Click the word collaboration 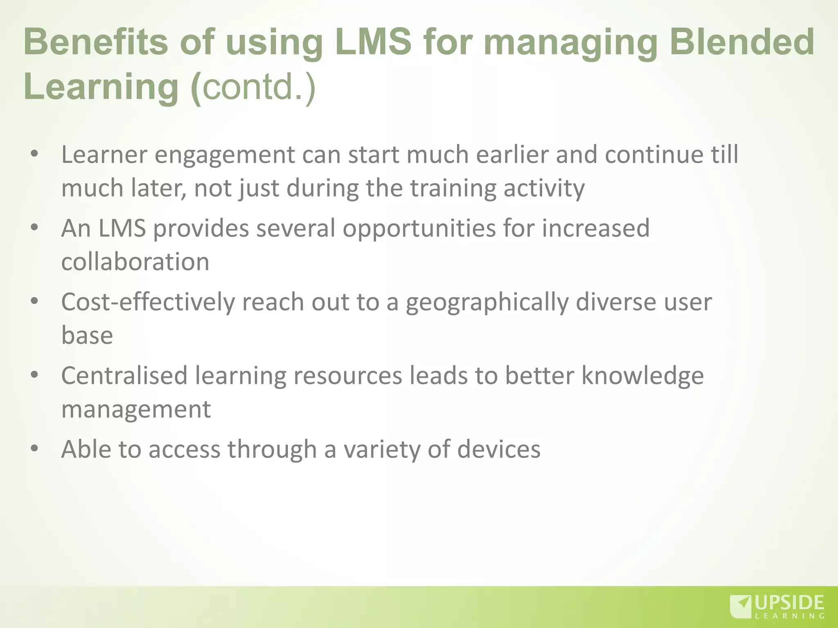(x=135, y=262)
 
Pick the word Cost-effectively (x=148, y=302)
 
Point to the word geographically (x=487, y=303)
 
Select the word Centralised (x=124, y=376)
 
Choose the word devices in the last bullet (x=499, y=449)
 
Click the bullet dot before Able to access (x=34, y=449)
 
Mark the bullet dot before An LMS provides (x=34, y=227)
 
